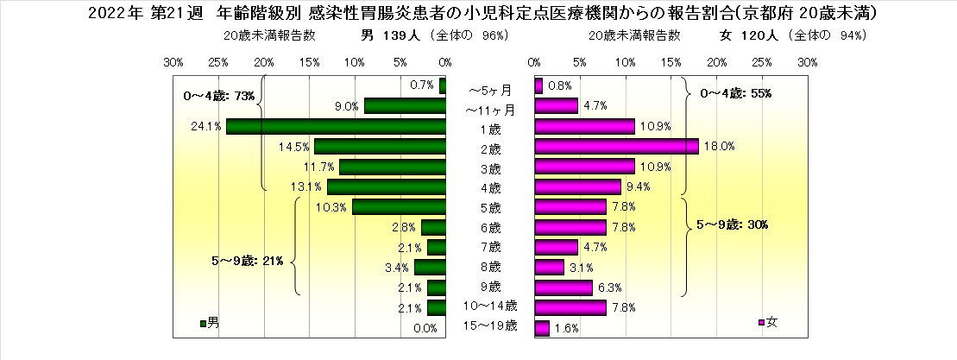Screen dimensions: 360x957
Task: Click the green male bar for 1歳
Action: coord(336,126)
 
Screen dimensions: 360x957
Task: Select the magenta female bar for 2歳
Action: coord(616,146)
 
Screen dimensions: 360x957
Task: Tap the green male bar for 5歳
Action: coord(399,207)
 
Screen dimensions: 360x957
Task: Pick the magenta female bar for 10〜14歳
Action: coord(570,307)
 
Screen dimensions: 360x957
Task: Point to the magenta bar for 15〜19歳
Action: coord(542,328)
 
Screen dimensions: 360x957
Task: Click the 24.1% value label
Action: coord(206,126)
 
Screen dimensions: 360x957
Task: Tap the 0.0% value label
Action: coord(425,328)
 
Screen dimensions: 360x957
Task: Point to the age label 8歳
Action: coord(489,266)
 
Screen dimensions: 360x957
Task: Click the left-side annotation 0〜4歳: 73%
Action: coord(221,95)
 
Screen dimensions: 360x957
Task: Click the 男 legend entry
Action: coord(210,323)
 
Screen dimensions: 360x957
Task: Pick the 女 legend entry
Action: coord(768,323)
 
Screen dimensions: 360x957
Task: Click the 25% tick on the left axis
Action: coord(218,63)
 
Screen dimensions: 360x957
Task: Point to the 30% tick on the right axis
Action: coord(807,63)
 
